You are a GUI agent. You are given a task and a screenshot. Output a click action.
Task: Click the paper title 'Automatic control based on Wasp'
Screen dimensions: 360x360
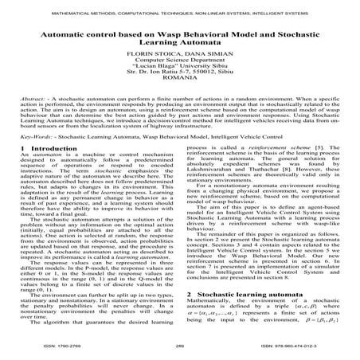tap(179, 38)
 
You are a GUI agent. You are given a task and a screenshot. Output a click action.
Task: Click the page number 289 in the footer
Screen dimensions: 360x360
tap(180, 346)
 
